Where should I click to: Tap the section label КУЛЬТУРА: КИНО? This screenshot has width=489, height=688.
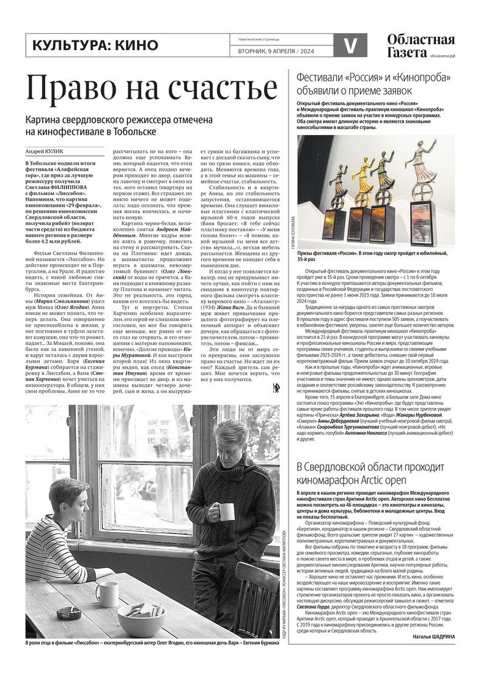(x=95, y=45)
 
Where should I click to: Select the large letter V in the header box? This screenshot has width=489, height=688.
(x=351, y=46)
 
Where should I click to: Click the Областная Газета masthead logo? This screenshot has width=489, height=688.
(x=421, y=46)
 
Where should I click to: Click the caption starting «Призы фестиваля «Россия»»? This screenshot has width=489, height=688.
(x=373, y=256)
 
